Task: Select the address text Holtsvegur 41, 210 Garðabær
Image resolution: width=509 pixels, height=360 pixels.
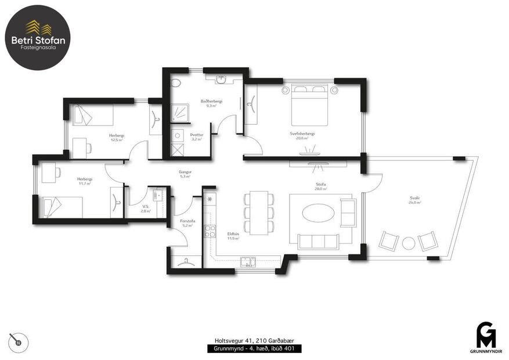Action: (254, 341)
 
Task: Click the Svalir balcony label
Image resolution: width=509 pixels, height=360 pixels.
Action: (414, 200)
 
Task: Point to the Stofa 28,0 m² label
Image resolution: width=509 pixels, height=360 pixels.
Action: (318, 186)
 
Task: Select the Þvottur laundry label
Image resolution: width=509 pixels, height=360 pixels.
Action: (197, 136)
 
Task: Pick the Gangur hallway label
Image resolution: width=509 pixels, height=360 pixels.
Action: (185, 174)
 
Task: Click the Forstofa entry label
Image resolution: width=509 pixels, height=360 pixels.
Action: (187, 222)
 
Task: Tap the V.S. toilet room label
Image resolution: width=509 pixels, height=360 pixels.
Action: (146, 208)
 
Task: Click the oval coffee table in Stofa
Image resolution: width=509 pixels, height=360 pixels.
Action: (318, 213)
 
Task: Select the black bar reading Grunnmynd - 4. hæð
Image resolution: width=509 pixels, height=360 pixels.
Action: (254, 349)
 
